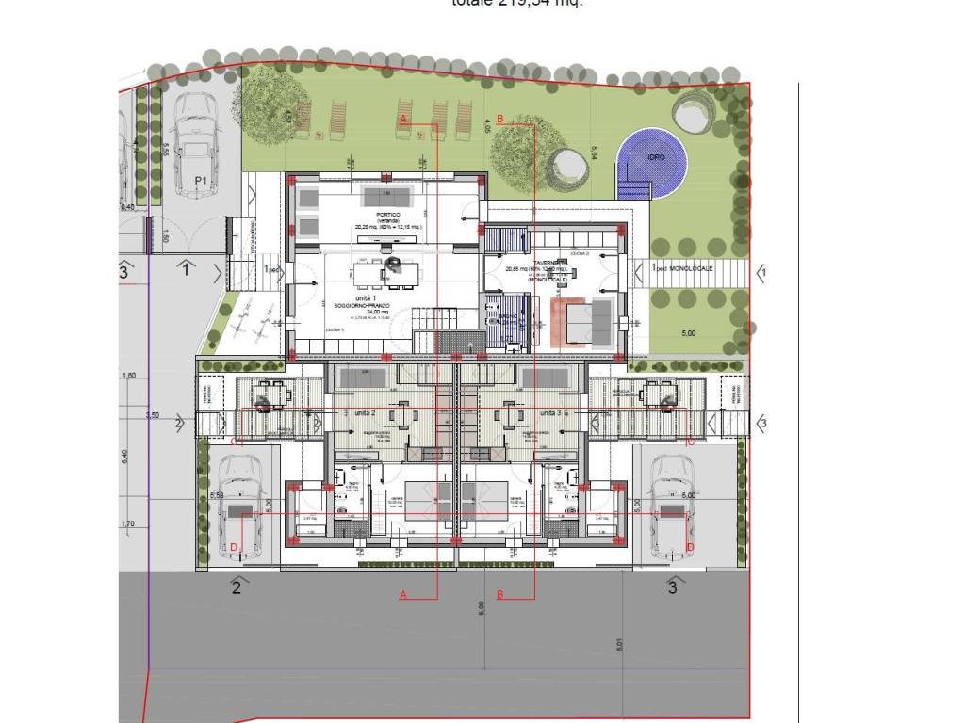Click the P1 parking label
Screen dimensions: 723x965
[200, 180]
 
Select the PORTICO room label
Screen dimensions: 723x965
[388, 216]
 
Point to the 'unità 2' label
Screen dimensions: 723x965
[366, 413]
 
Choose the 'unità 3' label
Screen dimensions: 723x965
[551, 413]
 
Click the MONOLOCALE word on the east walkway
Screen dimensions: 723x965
[693, 269]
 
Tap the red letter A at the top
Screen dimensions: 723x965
[403, 120]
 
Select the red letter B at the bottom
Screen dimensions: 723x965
[500, 594]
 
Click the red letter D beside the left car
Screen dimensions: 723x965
[234, 548]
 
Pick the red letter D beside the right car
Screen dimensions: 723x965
[690, 547]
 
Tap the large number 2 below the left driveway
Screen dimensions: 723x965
[237, 588]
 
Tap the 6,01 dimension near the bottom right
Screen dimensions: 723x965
[619, 645]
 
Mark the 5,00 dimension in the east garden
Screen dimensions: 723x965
[688, 333]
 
